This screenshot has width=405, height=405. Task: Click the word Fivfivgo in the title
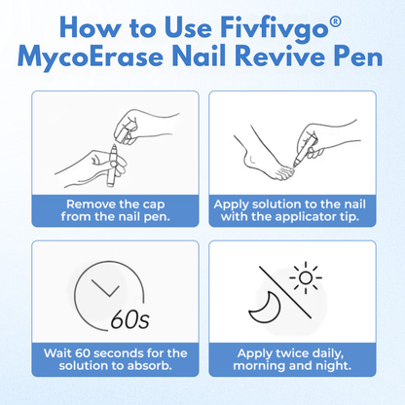[275, 29]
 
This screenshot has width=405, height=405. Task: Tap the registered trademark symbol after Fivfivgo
[337, 21]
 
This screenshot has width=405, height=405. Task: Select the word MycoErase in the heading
[91, 58]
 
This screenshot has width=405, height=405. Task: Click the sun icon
[306, 277]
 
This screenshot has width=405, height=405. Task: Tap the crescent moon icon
[265, 308]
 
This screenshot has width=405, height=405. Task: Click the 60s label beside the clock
[129, 319]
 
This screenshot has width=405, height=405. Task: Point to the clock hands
[106, 288]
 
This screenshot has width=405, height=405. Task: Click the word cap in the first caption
[154, 205]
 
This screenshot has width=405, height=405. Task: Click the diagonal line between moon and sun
[285, 292]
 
